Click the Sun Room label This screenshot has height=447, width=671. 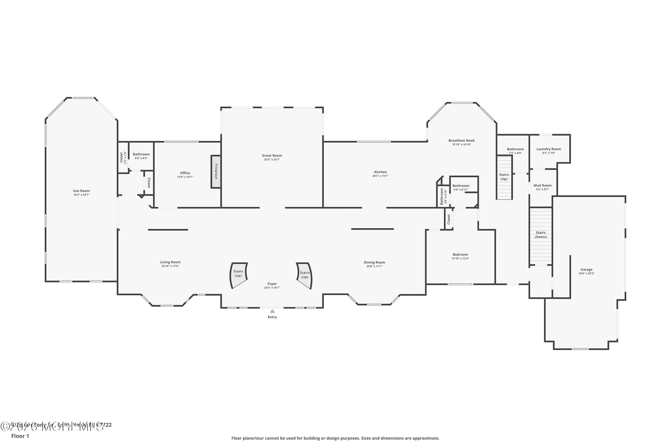click(81, 191)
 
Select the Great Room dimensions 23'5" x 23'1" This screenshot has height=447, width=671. click(272, 160)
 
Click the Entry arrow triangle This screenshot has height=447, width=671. click(272, 311)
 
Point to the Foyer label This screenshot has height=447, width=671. click(272, 284)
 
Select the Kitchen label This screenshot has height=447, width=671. click(380, 172)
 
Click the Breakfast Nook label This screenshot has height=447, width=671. click(461, 140)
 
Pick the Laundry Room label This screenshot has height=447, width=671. click(548, 149)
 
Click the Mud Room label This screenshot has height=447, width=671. click(542, 185)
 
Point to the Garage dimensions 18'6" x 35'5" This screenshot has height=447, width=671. click(586, 273)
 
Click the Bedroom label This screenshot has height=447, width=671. click(460, 255)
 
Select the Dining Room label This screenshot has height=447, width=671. click(374, 262)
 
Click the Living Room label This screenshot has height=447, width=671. click(170, 262)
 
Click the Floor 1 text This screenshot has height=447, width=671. click(20, 436)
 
